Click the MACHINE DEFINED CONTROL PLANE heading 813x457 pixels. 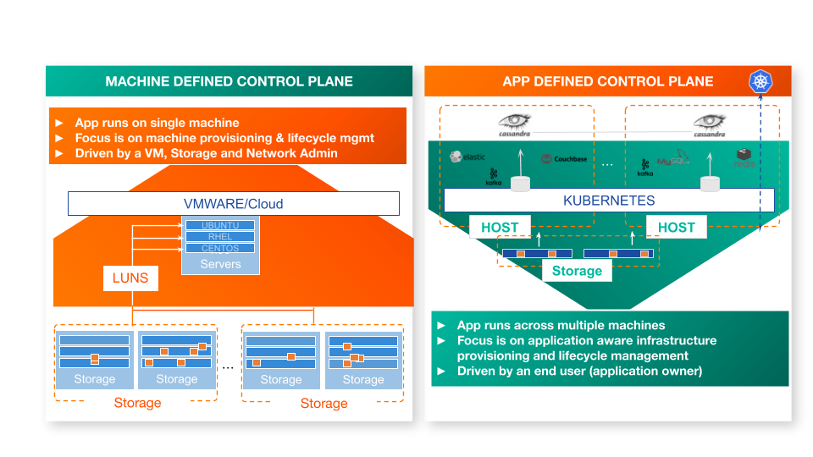tap(229, 81)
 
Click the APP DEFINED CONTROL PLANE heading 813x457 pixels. tap(607, 81)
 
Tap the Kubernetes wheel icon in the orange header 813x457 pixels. tap(760, 82)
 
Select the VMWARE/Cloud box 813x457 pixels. tap(233, 204)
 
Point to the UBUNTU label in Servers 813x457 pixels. tap(220, 225)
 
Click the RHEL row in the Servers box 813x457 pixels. tap(220, 237)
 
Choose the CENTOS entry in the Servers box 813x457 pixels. tap(220, 248)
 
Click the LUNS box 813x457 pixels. tap(131, 278)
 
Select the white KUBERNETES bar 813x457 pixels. tap(608, 201)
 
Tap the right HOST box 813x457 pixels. tap(676, 227)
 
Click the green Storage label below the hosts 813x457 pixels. tap(577, 271)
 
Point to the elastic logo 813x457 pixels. tap(468, 157)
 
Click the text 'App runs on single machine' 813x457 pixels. tap(157, 123)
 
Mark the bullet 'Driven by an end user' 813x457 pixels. tap(579, 371)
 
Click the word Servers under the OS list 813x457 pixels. tap(220, 264)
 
